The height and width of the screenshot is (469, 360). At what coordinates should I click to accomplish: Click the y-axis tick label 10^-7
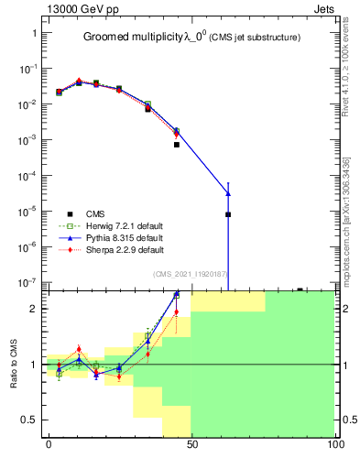tap(30, 282)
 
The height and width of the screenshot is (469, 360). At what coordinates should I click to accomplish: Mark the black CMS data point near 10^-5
tap(228, 214)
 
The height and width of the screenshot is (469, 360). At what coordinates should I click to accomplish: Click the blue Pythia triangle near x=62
tap(228, 193)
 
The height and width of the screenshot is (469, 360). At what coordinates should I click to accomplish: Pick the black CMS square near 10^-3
tap(177, 145)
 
